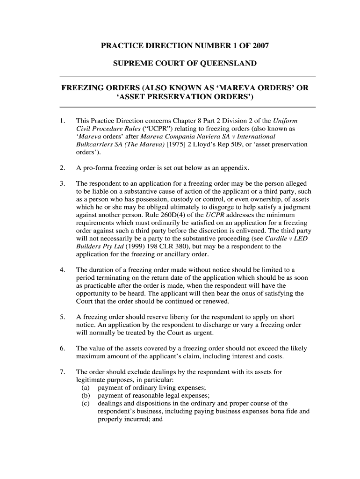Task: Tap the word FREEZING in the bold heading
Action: coord(81,88)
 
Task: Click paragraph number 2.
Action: coord(63,167)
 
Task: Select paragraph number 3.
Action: coord(63,183)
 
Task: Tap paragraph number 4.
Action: coord(63,269)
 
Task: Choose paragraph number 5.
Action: coord(63,317)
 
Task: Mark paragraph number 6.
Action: coord(63,348)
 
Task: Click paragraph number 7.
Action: coord(63,372)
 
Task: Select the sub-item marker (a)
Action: coord(86,388)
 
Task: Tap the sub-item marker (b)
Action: coord(86,396)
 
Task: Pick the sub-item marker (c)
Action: coord(86,404)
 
